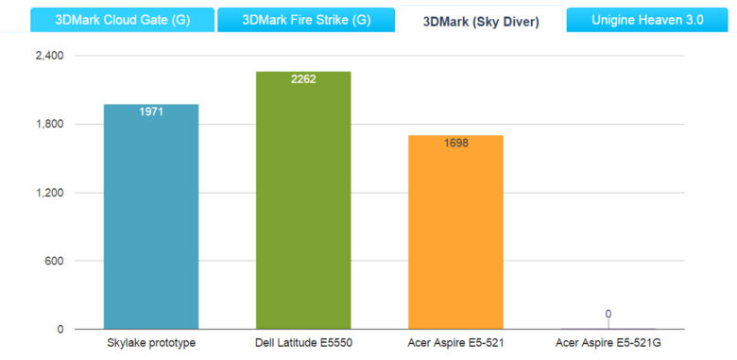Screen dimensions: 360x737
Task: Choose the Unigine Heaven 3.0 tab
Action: tap(647, 19)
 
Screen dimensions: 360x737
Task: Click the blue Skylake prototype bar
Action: tap(151, 217)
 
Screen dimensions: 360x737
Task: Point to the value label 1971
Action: tap(151, 112)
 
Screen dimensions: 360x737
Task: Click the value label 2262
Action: tap(303, 79)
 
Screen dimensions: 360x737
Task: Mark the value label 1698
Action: tap(455, 144)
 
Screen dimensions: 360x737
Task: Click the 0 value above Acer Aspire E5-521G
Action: tap(608, 314)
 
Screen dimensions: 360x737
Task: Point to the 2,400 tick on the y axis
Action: tap(49, 56)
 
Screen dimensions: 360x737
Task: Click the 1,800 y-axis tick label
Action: tap(49, 125)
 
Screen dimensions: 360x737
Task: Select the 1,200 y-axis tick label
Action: tap(49, 193)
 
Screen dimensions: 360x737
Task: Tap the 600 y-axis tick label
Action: tap(54, 262)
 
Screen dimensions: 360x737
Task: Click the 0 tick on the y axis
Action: tap(60, 330)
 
